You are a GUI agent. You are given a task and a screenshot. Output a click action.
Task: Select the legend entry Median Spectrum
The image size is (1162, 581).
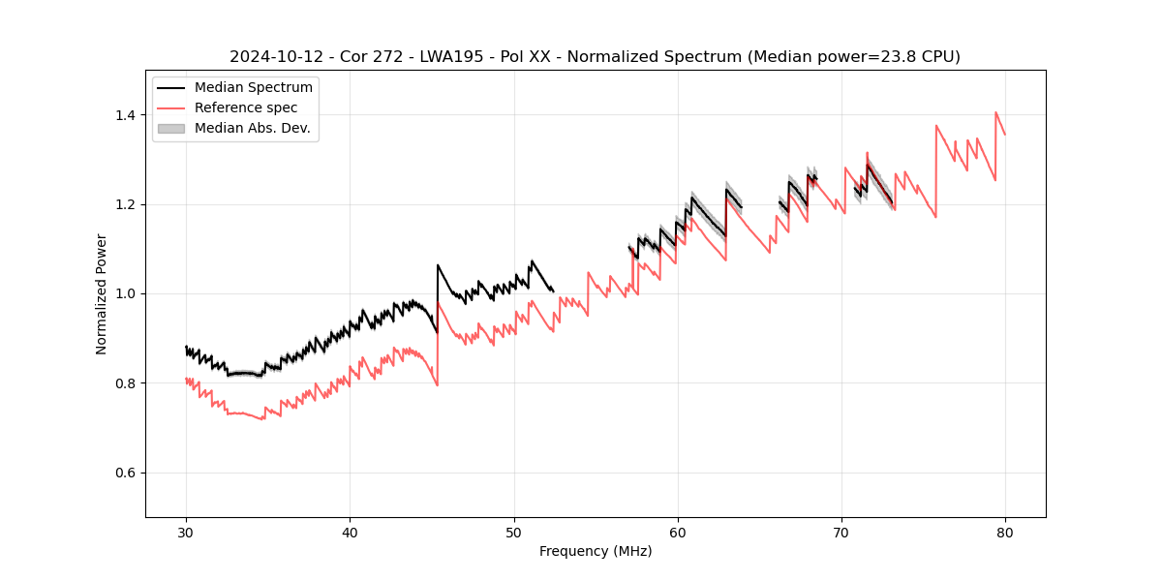pos(254,88)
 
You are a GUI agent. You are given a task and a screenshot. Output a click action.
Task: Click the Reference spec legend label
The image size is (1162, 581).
pos(246,107)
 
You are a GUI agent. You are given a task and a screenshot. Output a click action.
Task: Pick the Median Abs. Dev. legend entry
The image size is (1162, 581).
pos(253,128)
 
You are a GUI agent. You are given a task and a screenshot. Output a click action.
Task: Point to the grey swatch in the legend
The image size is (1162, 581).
pos(171,128)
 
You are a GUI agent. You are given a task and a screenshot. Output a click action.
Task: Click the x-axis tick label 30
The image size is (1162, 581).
pos(187,532)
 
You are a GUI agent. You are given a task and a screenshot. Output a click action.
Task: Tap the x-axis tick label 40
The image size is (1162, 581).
pos(351,532)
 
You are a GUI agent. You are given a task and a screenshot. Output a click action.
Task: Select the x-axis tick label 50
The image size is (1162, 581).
pos(514,532)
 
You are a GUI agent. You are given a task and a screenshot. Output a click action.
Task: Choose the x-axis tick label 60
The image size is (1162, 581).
pos(678,532)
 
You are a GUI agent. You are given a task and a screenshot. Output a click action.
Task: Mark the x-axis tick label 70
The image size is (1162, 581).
pos(841,532)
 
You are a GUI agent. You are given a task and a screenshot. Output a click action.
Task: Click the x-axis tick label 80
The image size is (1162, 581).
pos(1005,532)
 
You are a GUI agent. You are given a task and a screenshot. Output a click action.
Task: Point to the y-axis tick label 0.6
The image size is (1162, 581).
pos(125,473)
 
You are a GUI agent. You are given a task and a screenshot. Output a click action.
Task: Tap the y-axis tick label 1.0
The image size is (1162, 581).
pos(125,293)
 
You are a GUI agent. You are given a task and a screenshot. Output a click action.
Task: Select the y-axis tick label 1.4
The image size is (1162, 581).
pos(125,115)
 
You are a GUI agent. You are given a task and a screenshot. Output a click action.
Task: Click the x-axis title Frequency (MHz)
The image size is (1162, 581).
pos(596,551)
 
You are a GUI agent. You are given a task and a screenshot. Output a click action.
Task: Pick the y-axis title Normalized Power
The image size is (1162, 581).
pos(101,293)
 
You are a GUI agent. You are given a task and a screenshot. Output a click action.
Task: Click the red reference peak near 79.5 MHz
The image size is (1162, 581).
pos(996,112)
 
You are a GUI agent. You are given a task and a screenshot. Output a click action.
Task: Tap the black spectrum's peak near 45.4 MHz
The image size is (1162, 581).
pos(438,265)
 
